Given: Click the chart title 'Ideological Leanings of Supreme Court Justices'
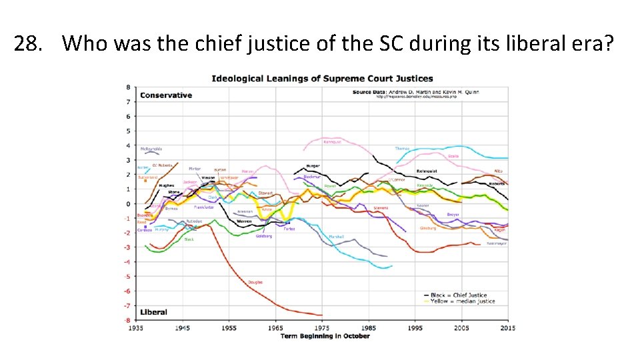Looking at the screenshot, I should [322, 79].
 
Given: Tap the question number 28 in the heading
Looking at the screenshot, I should [27, 44].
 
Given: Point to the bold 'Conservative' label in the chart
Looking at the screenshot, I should [166, 95].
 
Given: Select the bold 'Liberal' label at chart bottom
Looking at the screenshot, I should [154, 312].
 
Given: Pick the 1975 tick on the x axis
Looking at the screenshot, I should [321, 328].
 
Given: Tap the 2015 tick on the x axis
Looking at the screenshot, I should [507, 328].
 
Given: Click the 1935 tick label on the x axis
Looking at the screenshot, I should [137, 328].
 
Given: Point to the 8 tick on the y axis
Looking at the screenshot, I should [129, 87].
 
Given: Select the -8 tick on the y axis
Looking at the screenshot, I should [128, 320].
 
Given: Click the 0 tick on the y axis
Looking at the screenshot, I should [129, 203].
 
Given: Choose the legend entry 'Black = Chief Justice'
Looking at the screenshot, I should [460, 295].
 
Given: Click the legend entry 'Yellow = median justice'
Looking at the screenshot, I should [463, 301].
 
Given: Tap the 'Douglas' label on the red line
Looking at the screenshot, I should [255, 282].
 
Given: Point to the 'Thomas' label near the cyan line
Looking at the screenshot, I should [402, 149].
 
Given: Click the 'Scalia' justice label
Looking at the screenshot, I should [453, 156].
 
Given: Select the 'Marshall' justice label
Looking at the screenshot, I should [336, 237].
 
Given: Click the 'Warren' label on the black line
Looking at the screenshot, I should [244, 221].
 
